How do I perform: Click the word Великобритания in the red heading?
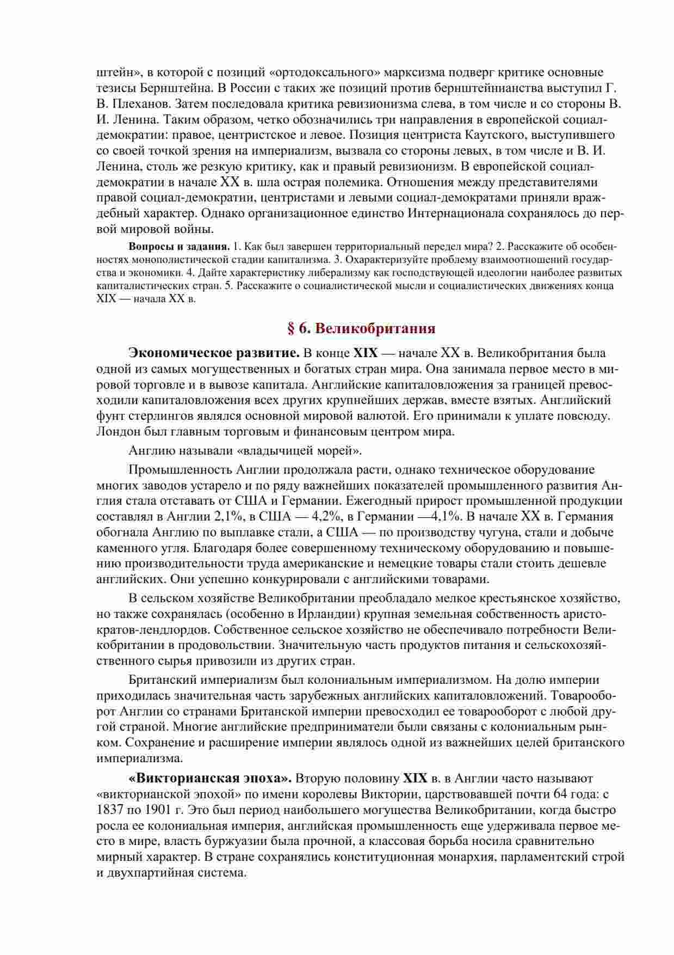pos(375,328)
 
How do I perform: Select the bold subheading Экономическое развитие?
pos(214,353)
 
